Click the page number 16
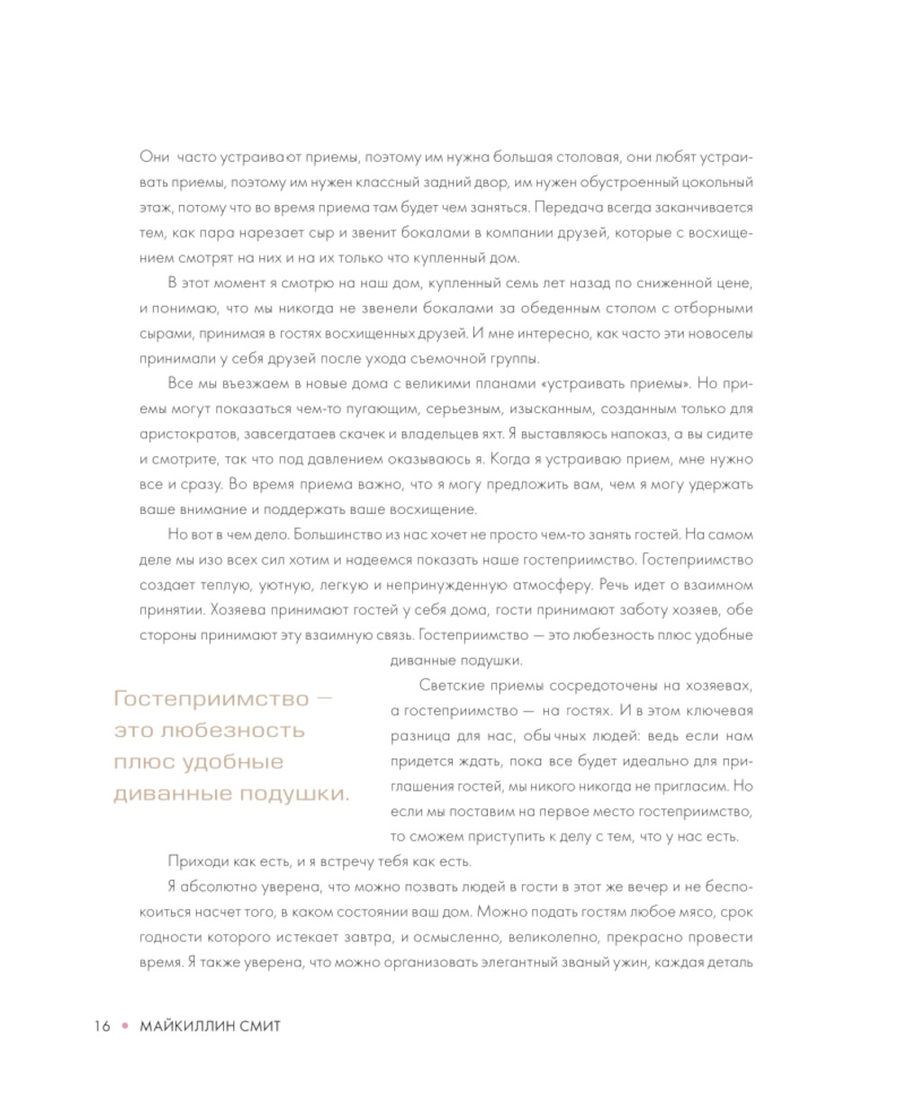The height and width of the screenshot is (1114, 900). point(101,1026)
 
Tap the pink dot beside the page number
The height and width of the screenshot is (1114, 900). point(126,1026)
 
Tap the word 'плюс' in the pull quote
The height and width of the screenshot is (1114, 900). point(145,761)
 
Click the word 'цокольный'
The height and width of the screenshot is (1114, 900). point(715,182)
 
